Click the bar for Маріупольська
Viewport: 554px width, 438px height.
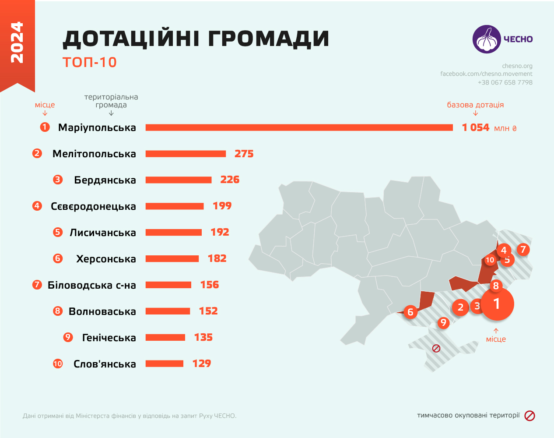(x=299, y=127)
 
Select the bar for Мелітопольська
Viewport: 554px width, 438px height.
(x=186, y=154)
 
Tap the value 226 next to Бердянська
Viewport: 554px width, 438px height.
(x=230, y=180)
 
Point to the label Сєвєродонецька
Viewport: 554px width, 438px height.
(x=93, y=206)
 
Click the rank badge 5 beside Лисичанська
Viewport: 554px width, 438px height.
(x=58, y=232)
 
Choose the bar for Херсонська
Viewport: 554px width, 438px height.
(x=172, y=259)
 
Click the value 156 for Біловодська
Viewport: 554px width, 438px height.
(x=209, y=285)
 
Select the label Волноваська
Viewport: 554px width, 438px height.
(x=102, y=311)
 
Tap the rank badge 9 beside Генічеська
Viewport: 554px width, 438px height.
(x=68, y=337)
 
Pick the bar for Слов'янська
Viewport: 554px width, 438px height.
(x=164, y=364)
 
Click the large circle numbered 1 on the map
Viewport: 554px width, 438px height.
(x=496, y=304)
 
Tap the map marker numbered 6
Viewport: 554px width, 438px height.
(x=410, y=312)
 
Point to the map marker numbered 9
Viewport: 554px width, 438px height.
(x=443, y=323)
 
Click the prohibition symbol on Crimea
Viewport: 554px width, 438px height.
(x=436, y=349)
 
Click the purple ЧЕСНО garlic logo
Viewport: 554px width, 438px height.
(x=486, y=39)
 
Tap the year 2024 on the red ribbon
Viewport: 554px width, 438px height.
(x=17, y=42)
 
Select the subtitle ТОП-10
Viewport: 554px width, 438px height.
(x=90, y=62)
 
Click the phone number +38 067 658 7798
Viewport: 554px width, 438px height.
(x=505, y=82)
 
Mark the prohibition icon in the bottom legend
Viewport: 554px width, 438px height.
(x=529, y=416)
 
